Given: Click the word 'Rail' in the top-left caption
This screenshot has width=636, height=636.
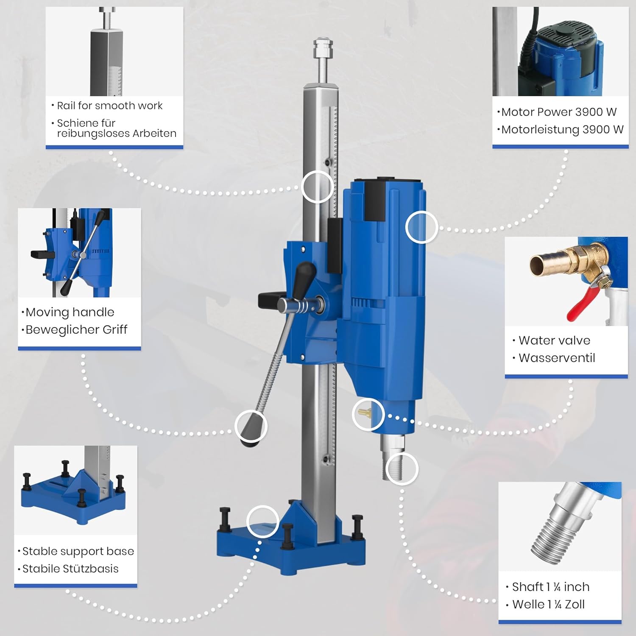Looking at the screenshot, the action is point(66,106).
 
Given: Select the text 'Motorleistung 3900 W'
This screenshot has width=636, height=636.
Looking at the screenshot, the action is point(562,129).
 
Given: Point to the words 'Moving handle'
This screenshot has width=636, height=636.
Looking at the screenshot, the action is point(70,312).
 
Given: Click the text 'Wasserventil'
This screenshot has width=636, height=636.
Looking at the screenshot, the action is point(557,358).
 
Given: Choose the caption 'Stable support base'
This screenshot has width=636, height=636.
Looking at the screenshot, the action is point(78,551).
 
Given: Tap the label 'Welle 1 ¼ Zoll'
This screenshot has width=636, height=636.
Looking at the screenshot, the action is point(548,604).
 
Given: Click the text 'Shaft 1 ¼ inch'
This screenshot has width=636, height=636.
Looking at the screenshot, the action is point(551,587).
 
